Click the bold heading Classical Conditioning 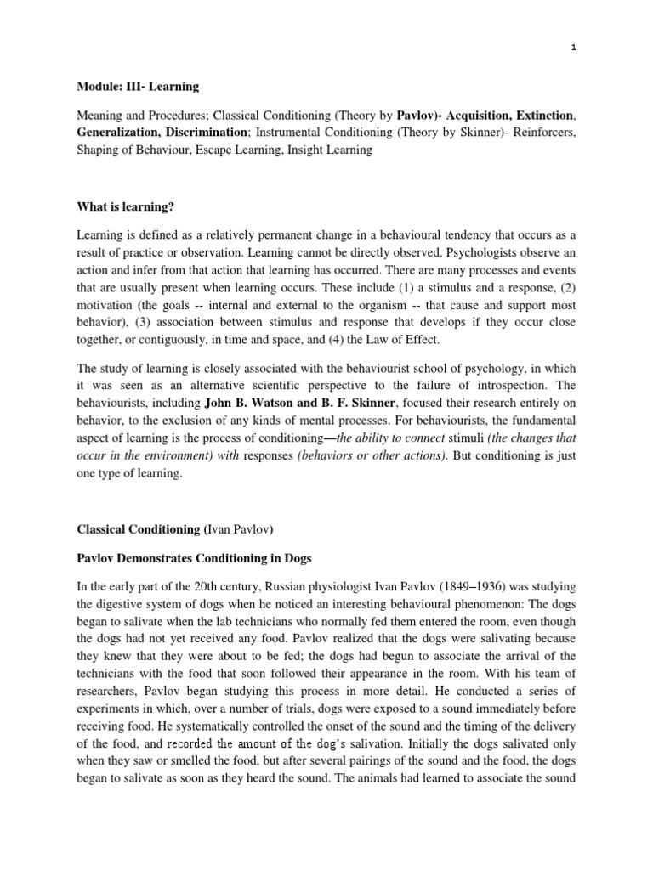138,529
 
